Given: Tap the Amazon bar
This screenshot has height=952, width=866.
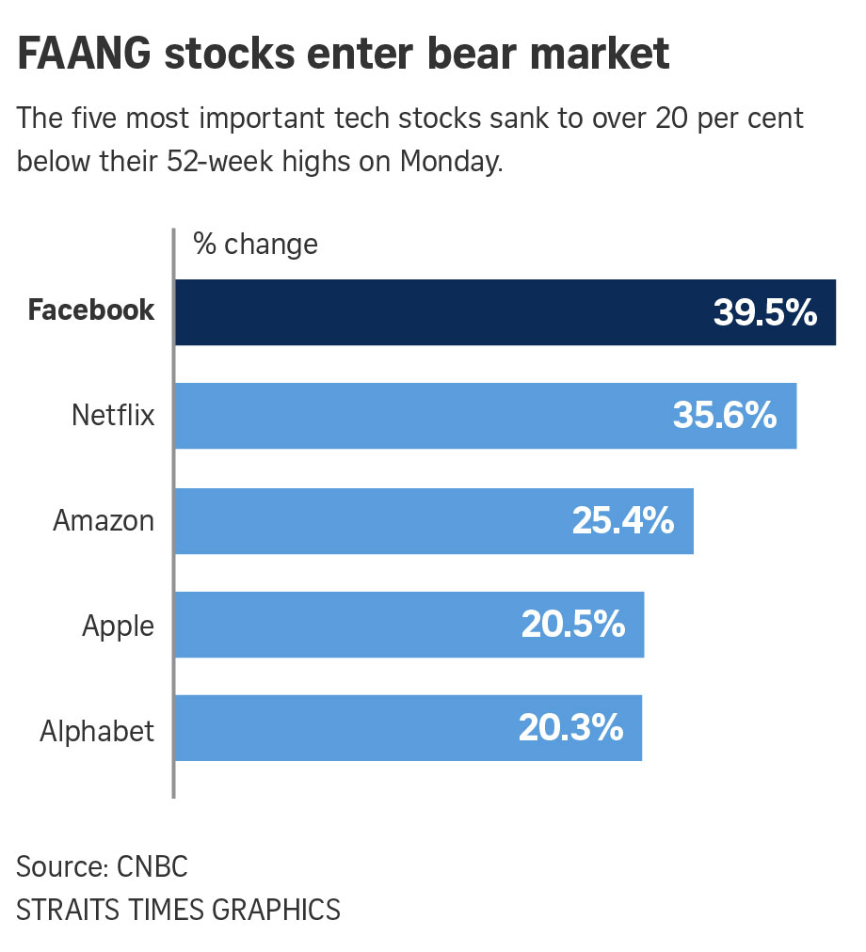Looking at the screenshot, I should point(367,520).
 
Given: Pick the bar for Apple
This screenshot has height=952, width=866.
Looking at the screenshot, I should point(339,625).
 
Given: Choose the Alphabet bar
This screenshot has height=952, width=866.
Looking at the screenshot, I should point(339,728).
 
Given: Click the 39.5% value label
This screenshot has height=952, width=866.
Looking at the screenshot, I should point(764,313).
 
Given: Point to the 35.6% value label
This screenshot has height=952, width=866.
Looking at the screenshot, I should point(725,416).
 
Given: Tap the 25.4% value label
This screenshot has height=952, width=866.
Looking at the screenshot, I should point(623,520).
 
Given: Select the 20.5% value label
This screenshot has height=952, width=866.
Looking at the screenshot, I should point(573,625).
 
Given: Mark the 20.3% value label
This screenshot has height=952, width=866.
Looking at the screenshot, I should point(571,728).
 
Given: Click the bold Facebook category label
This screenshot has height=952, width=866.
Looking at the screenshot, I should point(91,310).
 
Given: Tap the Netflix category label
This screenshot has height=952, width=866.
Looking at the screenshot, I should point(113,415).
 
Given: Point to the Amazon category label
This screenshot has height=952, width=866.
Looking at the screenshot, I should point(104,520).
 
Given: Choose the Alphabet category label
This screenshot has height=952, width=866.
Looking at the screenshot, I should point(97,731).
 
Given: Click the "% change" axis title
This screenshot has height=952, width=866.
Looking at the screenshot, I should point(255,245).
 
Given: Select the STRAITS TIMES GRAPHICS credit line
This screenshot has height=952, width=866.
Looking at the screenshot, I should point(178,910).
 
